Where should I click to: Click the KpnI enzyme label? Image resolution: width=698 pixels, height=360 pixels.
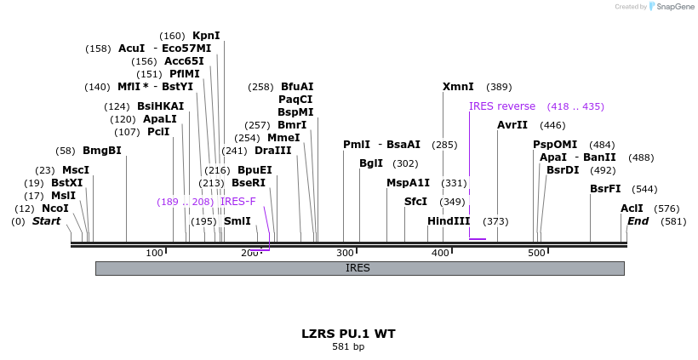pos(206,36)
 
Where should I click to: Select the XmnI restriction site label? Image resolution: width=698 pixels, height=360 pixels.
pos(458,87)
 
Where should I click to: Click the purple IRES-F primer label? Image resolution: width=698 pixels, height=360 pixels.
pos(237,202)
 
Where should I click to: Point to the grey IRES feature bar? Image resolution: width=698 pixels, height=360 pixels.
pos(359,268)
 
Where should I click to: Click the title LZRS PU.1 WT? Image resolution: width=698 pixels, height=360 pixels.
pos(348,334)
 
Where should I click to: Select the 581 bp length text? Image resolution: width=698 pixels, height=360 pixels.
pos(348,346)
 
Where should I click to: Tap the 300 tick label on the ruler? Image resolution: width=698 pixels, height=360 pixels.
pos(345,253)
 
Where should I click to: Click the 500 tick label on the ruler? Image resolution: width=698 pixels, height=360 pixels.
pos(536,253)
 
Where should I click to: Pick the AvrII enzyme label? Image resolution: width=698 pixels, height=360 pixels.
pos(512,125)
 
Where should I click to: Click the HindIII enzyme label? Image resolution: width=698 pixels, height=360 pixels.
pos(449,221)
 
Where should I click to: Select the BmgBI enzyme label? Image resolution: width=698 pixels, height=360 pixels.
pos(102,151)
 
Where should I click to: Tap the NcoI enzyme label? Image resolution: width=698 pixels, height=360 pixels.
pos(55,209)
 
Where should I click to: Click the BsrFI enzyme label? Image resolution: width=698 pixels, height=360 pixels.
pos(605,189)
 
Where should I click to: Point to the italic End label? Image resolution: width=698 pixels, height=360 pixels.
pos(638,221)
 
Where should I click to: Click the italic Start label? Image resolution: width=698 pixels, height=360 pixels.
pos(46,221)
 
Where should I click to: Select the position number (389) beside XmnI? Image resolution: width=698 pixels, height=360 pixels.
pos(499,87)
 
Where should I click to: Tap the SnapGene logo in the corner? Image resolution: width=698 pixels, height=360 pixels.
pos(672,7)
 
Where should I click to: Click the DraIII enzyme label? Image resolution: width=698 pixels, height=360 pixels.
pos(273,151)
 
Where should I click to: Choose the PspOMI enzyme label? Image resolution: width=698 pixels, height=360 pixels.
pos(555,145)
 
